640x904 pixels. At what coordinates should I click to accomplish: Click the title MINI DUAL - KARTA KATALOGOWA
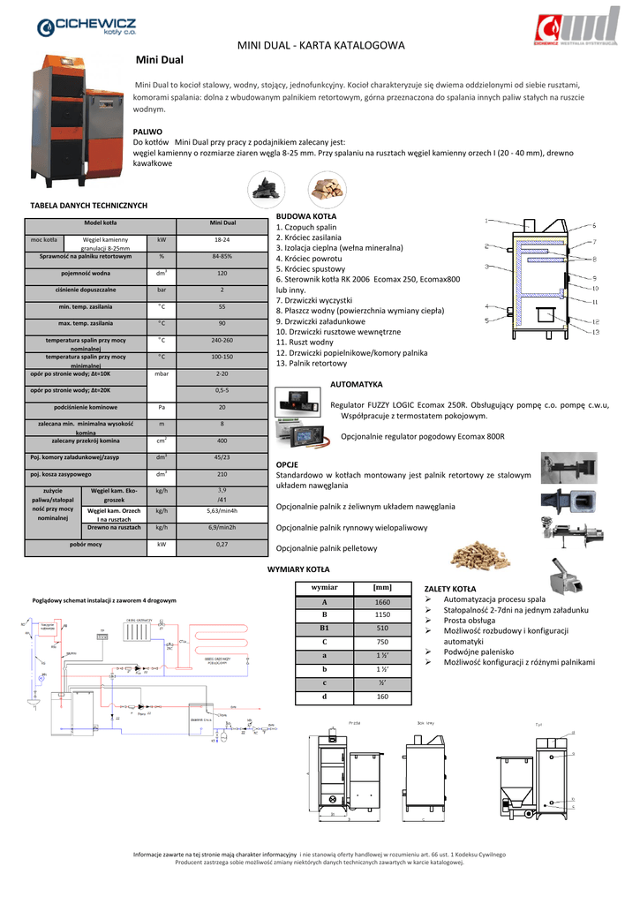click(321, 45)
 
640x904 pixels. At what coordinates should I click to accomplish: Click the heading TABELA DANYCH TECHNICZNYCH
click(88, 206)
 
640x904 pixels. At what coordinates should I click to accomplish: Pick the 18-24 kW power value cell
click(222, 239)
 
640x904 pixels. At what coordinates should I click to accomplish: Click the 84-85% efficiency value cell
click(222, 256)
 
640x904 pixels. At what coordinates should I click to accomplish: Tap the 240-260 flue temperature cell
click(222, 340)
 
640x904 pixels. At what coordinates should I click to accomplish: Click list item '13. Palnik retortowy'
click(312, 364)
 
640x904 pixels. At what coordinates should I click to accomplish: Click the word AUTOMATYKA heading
click(356, 385)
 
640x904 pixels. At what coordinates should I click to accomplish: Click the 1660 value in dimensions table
click(382, 602)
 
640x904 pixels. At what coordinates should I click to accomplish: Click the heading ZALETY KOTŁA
click(450, 588)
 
